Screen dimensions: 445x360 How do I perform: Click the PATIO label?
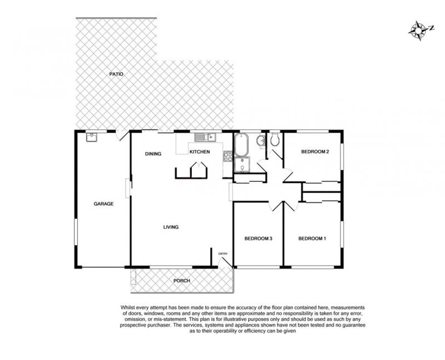click(x=116, y=74)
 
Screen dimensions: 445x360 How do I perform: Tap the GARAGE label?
click(x=103, y=204)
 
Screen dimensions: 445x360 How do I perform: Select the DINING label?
click(x=154, y=154)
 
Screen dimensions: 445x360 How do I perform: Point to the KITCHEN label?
click(x=200, y=152)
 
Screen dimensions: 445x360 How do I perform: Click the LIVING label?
click(x=171, y=227)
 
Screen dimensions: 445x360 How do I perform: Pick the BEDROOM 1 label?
click(x=312, y=239)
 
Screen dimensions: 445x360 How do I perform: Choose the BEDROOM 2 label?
click(x=315, y=151)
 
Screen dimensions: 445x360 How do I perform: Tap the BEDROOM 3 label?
click(x=258, y=239)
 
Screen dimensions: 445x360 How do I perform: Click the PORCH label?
click(x=182, y=281)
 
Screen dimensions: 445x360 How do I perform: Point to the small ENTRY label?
click(x=223, y=254)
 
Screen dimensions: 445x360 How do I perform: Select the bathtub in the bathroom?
click(x=241, y=144)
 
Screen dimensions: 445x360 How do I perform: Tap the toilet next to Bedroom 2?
click(x=274, y=139)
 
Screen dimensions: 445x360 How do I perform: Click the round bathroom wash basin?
click(x=261, y=141)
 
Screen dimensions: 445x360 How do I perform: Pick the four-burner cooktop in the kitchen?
click(x=228, y=157)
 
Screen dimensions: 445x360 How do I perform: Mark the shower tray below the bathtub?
click(x=241, y=165)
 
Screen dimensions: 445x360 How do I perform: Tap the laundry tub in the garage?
click(x=91, y=137)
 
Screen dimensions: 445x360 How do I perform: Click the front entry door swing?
click(x=226, y=262)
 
